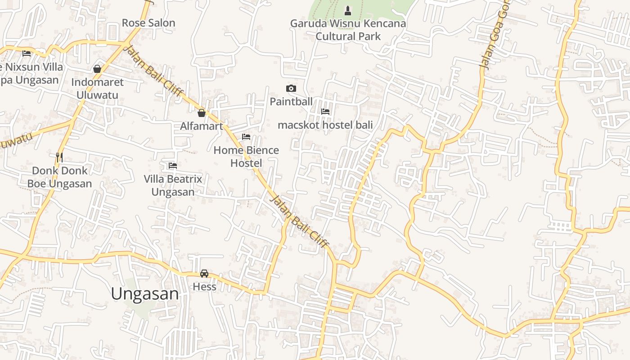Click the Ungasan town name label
[145, 294]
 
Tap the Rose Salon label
[148, 22]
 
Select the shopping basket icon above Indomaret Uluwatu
[97, 69]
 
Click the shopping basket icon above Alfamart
[202, 112]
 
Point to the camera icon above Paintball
[291, 88]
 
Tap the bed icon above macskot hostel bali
[325, 111]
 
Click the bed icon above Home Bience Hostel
[246, 137]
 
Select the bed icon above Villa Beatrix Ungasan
[173, 166]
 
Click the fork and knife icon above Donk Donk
[59, 157]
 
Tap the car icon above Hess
[204, 273]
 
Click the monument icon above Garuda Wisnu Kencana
[347, 10]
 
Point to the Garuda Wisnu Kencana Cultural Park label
[348, 30]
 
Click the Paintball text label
[291, 102]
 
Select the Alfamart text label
[202, 126]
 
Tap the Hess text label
[204, 287]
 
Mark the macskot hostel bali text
[325, 125]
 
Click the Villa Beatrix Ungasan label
[173, 185]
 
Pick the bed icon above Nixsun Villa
[27, 53]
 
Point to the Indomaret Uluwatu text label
[97, 89]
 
